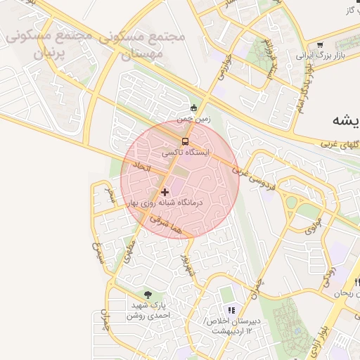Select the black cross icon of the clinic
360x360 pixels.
(165, 191)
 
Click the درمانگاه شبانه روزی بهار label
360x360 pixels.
(166, 202)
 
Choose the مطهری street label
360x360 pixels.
(129, 249)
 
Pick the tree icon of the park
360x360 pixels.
(148, 295)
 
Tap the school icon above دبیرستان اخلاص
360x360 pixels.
(230, 310)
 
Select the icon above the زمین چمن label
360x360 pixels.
(194, 108)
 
